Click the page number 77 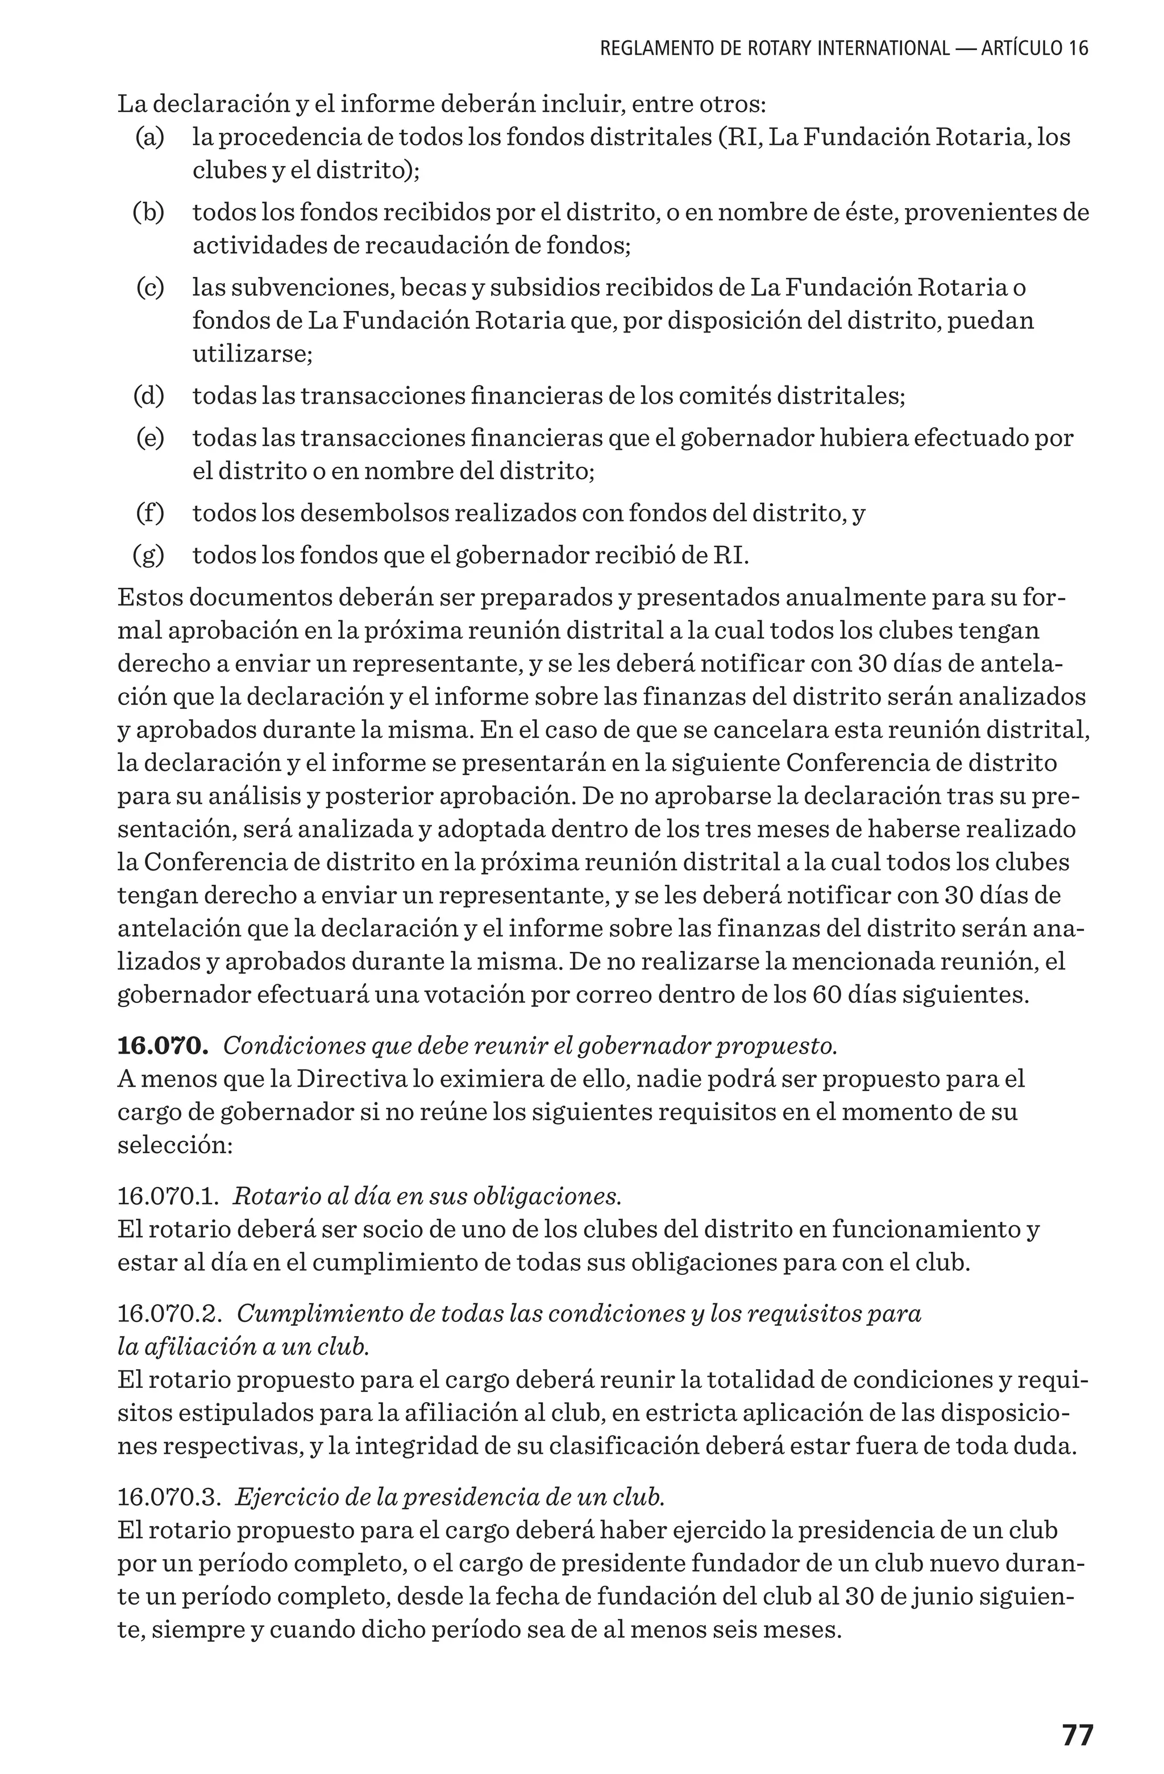[x=1077, y=1736]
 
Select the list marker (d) [x=148, y=396]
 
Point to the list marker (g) [x=148, y=556]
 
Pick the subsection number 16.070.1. [x=168, y=1196]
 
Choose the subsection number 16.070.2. [x=169, y=1313]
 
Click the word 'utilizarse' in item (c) [x=251, y=353]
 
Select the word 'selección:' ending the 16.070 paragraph [x=175, y=1144]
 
